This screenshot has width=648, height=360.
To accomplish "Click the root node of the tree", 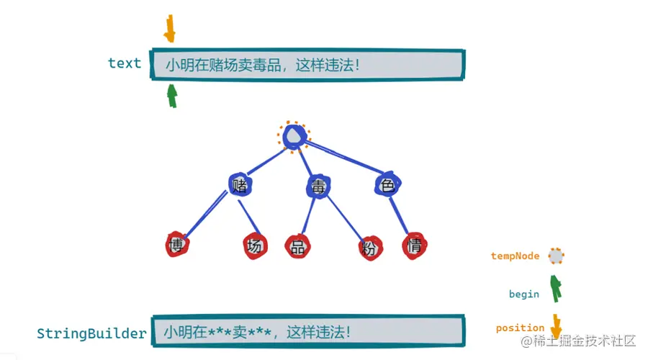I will click(x=294, y=135).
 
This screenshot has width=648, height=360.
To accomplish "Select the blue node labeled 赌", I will click(x=240, y=185).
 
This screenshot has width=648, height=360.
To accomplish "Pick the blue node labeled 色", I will click(x=387, y=186).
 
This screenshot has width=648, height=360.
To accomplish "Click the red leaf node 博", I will click(x=176, y=245).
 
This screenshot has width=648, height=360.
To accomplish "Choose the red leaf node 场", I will click(x=254, y=246).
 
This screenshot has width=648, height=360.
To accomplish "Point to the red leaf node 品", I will click(x=297, y=246).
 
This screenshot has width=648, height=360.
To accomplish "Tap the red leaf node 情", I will click(x=415, y=245).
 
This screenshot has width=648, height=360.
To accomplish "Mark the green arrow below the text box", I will click(x=172, y=95).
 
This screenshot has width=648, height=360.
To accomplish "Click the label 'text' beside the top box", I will click(x=125, y=63).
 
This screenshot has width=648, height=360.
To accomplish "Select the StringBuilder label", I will click(x=91, y=333).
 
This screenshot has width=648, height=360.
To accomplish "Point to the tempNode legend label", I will click(x=515, y=256).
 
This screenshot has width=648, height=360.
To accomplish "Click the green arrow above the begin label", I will click(x=555, y=287).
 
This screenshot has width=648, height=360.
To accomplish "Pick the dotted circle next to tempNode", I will click(x=556, y=256).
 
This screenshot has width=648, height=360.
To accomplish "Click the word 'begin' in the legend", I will click(x=523, y=294).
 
